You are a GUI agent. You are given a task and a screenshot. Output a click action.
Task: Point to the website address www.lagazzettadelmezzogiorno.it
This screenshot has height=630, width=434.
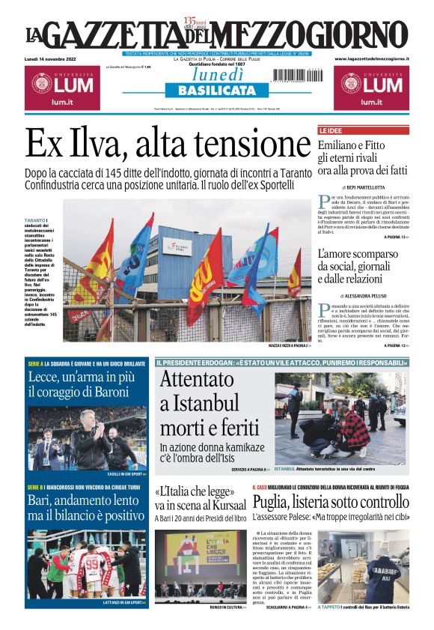(371, 58)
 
